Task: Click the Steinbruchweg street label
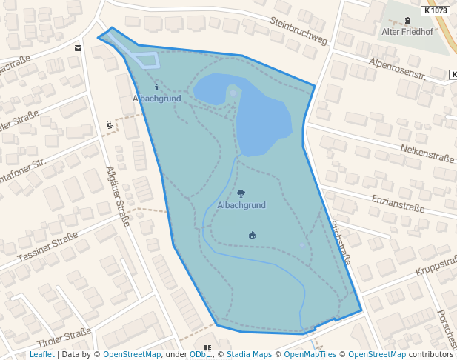point(298,30)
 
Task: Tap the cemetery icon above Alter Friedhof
point(407,21)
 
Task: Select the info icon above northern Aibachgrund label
point(156,87)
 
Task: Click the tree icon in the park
point(241,193)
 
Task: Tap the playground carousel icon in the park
point(252,236)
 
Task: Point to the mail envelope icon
point(79,48)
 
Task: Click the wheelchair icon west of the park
point(110,124)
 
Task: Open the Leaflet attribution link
point(42,354)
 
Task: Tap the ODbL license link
point(200,354)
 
